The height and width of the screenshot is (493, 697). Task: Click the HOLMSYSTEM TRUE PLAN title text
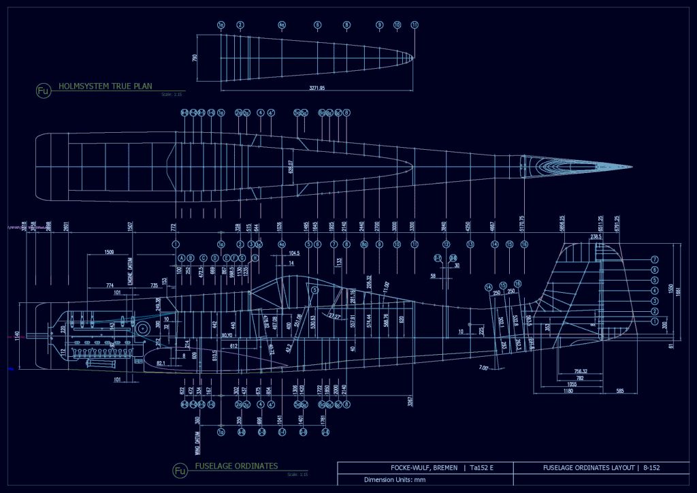point(106,86)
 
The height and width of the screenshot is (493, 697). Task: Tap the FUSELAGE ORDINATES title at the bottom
point(236,466)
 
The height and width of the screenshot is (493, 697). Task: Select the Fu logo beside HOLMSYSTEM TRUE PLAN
point(44,91)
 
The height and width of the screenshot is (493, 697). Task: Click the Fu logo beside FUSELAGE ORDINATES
point(180,471)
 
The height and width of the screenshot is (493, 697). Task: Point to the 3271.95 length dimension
point(317,88)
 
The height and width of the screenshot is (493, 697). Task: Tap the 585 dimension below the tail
point(620,392)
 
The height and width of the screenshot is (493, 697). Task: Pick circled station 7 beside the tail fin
point(654,259)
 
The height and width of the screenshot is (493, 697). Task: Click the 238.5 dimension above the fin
point(596,236)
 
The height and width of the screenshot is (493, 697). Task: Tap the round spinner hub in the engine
point(142,330)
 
